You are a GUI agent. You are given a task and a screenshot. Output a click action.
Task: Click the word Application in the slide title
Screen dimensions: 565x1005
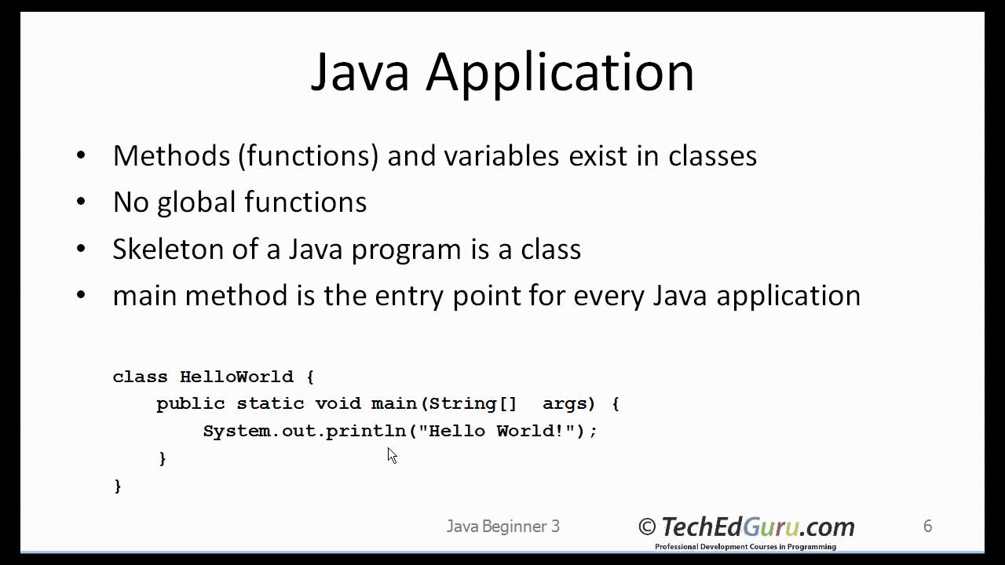pyautogui.click(x=560, y=73)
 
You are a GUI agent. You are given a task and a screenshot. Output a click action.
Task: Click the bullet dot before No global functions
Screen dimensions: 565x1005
pyautogui.click(x=82, y=202)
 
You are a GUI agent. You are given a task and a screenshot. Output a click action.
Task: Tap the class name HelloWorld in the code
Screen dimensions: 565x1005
pyautogui.click(x=236, y=377)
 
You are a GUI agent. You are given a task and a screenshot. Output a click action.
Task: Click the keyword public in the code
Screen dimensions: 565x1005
pyautogui.click(x=191, y=404)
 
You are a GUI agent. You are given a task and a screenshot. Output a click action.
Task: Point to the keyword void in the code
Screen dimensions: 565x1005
pyautogui.click(x=338, y=403)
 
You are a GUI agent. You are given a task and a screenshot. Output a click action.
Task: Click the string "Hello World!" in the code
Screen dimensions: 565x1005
pyautogui.click(x=496, y=430)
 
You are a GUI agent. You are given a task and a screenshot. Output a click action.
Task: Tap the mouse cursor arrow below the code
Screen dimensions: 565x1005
pyautogui.click(x=392, y=455)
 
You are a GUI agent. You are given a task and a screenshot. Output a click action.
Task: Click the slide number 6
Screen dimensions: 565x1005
pyautogui.click(x=927, y=526)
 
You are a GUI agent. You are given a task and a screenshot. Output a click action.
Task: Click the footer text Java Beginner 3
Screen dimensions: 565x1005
pyautogui.click(x=503, y=527)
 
